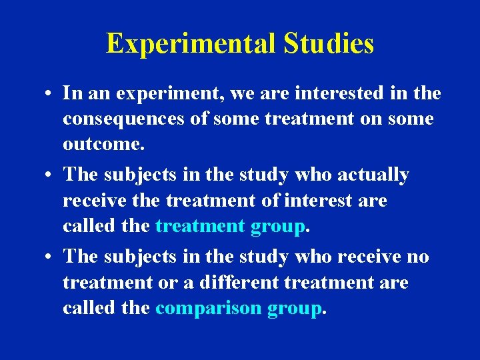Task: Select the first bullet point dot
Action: pyautogui.click(x=49, y=94)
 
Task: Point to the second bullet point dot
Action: pyautogui.click(x=49, y=175)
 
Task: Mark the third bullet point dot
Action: pyautogui.click(x=49, y=257)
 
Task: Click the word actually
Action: pyautogui.click(x=373, y=175)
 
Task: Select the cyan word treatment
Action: pyautogui.click(x=200, y=227)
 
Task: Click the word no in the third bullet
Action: pyautogui.click(x=418, y=257)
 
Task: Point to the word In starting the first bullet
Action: pyautogui.click(x=71, y=93)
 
